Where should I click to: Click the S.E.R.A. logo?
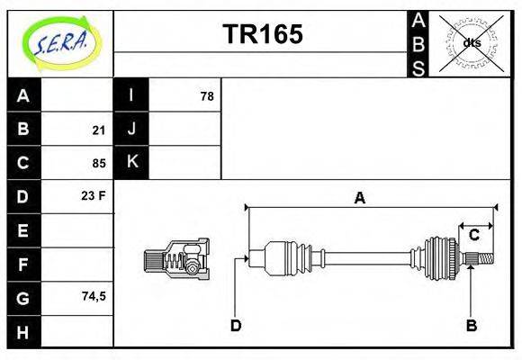[x=59, y=42]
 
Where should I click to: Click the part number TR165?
[x=262, y=34]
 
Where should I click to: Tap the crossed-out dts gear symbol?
[x=470, y=42]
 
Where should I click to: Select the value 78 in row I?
[x=206, y=96]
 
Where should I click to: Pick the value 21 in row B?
[x=98, y=130]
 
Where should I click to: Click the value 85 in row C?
[x=98, y=164]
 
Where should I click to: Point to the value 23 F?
[x=94, y=195]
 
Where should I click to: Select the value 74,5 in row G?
[x=93, y=296]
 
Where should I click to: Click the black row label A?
[x=23, y=96]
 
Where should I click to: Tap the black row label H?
[x=23, y=331]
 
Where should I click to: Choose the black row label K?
[x=131, y=163]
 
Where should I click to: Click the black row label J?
[x=131, y=130]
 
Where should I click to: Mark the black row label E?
[x=23, y=230]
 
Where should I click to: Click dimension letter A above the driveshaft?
[x=359, y=198]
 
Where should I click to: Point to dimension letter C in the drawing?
[x=473, y=235]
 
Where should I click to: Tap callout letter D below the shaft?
[x=236, y=325]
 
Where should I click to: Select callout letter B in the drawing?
[x=471, y=325]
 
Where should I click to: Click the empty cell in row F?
[x=77, y=265]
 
